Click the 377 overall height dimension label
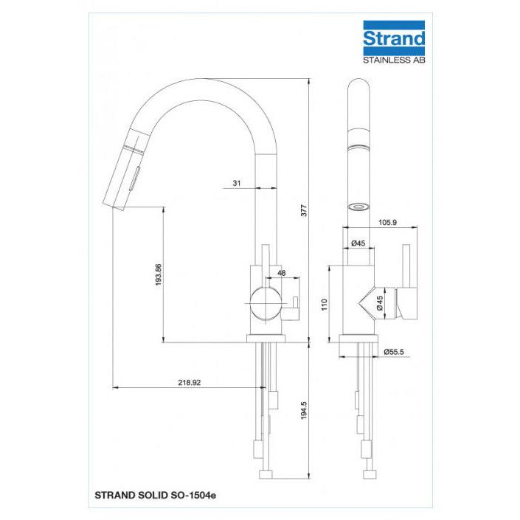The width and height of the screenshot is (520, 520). coord(304,211)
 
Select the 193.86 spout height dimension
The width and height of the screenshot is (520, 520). coord(158,275)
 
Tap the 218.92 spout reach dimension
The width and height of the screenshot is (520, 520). coord(190,382)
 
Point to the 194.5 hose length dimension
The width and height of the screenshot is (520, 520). coord(304,411)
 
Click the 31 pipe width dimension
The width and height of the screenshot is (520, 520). coord(237,183)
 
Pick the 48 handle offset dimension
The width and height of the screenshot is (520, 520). coord(281,273)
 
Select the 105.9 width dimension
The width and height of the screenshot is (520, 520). coord(387,223)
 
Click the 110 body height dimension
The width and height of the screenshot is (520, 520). coord(325,305)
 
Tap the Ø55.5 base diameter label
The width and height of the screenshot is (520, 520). coord(394,352)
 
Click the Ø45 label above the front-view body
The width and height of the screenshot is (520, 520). coord(358,243)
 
